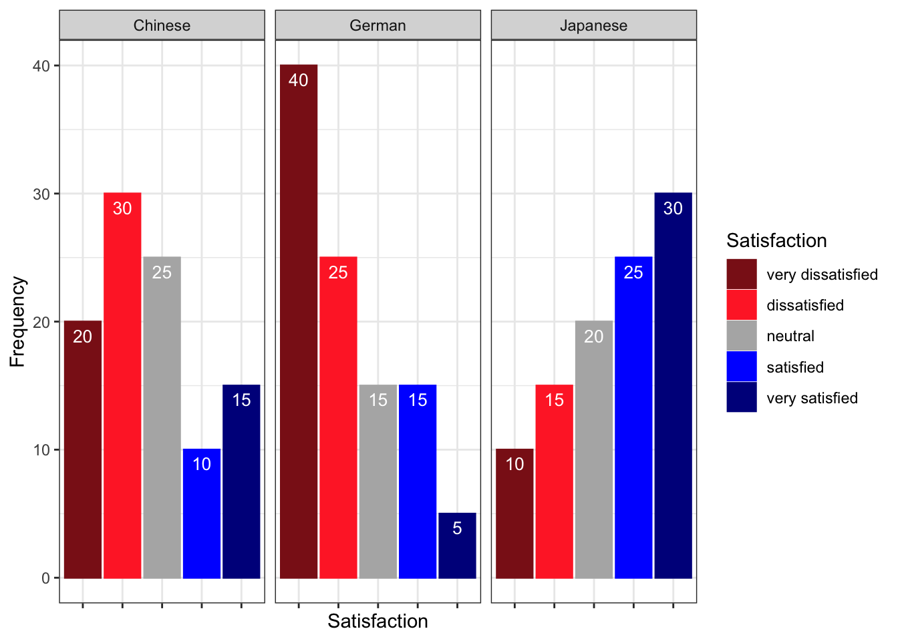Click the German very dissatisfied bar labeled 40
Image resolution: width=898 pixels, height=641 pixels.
tap(299, 321)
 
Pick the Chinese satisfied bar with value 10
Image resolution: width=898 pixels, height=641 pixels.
tap(202, 513)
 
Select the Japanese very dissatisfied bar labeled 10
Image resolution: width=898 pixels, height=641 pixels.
tap(514, 513)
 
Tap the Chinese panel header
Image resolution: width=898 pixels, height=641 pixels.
tap(162, 25)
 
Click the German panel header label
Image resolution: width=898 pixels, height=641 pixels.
tap(378, 25)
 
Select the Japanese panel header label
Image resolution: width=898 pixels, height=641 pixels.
tap(593, 25)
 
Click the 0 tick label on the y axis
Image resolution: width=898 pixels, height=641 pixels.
tap(45, 578)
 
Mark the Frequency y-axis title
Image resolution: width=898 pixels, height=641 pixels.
tap(17, 322)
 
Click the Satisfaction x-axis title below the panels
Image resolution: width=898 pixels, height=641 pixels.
tap(378, 621)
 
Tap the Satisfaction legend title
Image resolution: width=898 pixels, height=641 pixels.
tap(776, 240)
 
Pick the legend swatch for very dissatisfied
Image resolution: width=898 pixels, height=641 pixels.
tap(742, 274)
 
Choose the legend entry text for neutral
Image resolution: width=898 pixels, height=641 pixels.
tap(790, 336)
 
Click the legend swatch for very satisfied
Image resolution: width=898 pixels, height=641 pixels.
tap(742, 397)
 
